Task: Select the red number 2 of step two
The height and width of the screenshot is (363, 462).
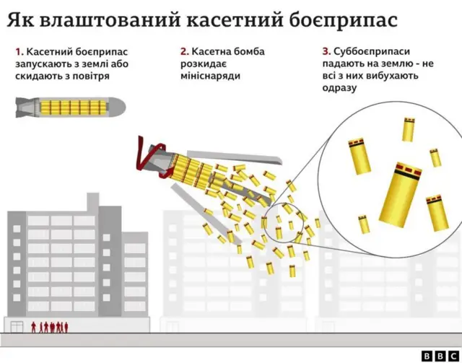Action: coord(184,51)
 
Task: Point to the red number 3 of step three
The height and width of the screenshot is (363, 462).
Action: coord(326,51)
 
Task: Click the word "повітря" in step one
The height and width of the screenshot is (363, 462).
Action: coord(89,76)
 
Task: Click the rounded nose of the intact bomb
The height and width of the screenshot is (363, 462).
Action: coord(118,108)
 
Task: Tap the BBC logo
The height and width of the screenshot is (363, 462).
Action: coord(437,356)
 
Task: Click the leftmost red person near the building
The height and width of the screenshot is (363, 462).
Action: coord(32,327)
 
